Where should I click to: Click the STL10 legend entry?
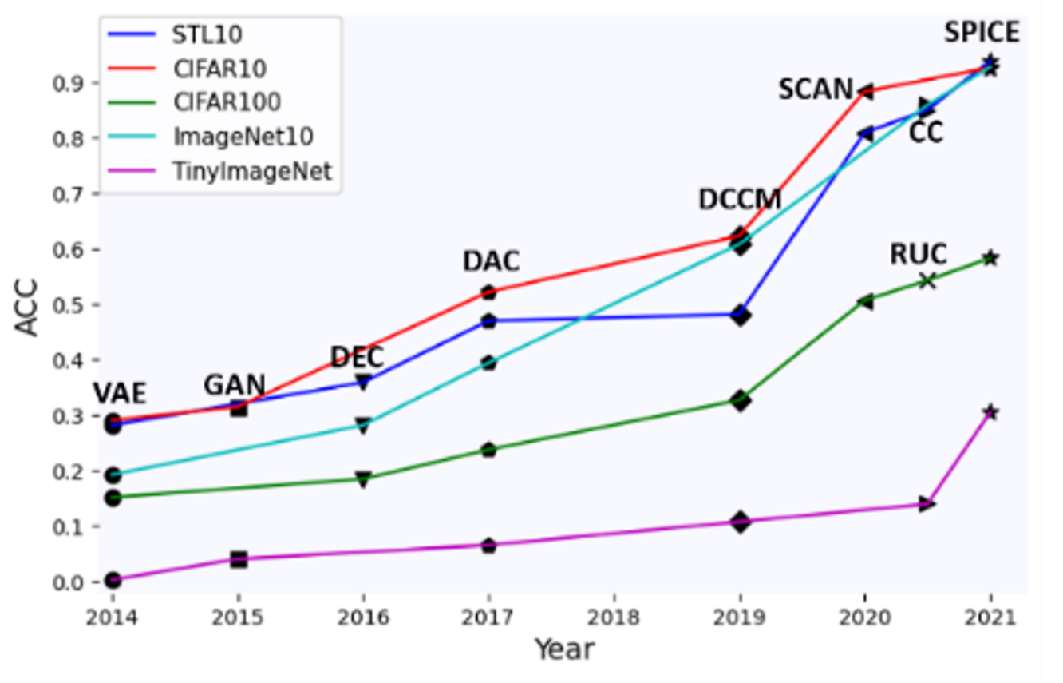tap(207, 35)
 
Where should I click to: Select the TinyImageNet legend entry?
tap(251, 170)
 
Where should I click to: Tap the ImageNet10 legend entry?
tap(243, 137)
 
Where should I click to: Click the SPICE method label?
tap(982, 33)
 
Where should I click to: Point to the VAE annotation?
tap(120, 395)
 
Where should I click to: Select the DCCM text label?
tap(739, 200)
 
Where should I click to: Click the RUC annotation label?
tap(918, 255)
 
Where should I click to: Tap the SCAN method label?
tap(816, 89)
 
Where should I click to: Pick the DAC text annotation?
tap(491, 261)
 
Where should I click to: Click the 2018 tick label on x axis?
tap(614, 617)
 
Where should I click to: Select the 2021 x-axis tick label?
tap(990, 617)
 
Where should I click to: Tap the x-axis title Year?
tap(564, 649)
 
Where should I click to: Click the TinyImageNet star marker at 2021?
tap(990, 412)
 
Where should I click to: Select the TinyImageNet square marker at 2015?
tap(238, 559)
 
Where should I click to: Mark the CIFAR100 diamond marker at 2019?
tap(740, 400)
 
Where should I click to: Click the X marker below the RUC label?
tap(927, 281)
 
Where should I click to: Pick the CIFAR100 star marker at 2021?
tap(990, 258)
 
